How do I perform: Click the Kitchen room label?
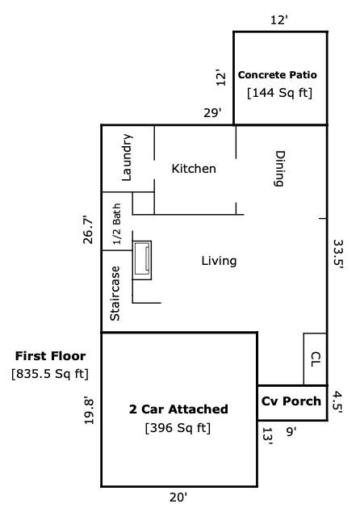pos(194,169)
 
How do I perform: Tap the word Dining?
pos(278,169)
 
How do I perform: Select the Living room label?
pos(219,261)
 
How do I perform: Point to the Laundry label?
pos(127,157)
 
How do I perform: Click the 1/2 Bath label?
pos(116,224)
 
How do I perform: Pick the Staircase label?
pos(115,293)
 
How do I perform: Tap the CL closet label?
pos(316,359)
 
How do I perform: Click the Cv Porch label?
pos(291,401)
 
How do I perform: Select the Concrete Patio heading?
pos(278,75)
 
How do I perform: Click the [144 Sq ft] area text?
pos(280,93)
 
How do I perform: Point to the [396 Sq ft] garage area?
pos(178,428)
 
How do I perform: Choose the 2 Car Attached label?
pos(178,409)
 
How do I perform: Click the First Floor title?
pos(51,356)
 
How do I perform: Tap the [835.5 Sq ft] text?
pos(50,374)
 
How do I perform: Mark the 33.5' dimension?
pos(338,254)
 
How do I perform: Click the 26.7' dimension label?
pos(88,229)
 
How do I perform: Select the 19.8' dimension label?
pos(89,411)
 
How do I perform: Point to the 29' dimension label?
pos(213,113)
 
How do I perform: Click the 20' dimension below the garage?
pos(178,497)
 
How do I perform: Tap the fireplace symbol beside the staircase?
pos(142,260)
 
